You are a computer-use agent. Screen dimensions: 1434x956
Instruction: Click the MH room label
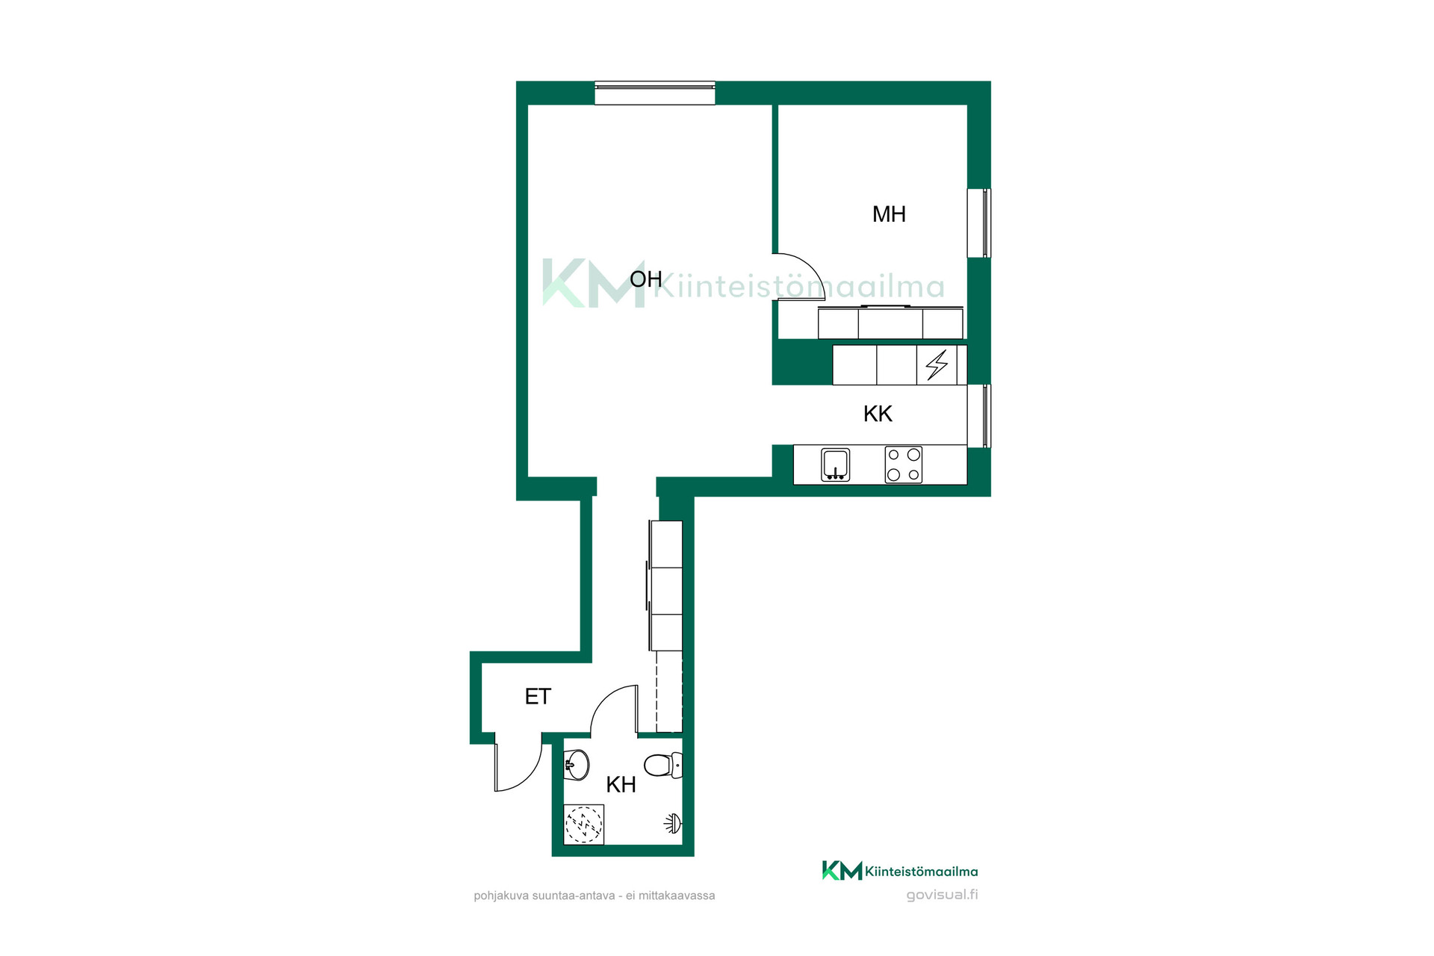point(889,214)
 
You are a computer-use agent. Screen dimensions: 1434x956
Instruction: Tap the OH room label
point(646,279)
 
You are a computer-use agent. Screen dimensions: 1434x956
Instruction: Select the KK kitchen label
point(878,414)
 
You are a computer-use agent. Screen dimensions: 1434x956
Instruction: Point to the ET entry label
point(538,697)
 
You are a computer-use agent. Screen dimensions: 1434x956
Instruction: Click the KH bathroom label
point(621,785)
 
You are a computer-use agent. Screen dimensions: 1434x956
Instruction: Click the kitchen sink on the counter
point(835,465)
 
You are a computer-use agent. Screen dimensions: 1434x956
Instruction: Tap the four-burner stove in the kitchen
point(904,465)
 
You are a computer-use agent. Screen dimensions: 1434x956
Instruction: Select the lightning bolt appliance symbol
point(937,365)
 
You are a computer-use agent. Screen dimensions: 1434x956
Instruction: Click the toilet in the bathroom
point(663,765)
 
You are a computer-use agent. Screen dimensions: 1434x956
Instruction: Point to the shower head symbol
point(673,824)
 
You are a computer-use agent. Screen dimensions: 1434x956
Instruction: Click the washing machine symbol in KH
point(583,825)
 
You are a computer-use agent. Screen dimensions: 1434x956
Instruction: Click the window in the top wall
point(655,93)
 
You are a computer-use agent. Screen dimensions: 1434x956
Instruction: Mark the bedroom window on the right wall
point(979,223)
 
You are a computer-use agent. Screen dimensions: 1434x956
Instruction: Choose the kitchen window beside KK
point(979,416)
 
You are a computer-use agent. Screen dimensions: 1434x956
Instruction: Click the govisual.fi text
point(942,895)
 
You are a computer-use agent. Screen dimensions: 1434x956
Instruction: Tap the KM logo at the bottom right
point(842,871)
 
